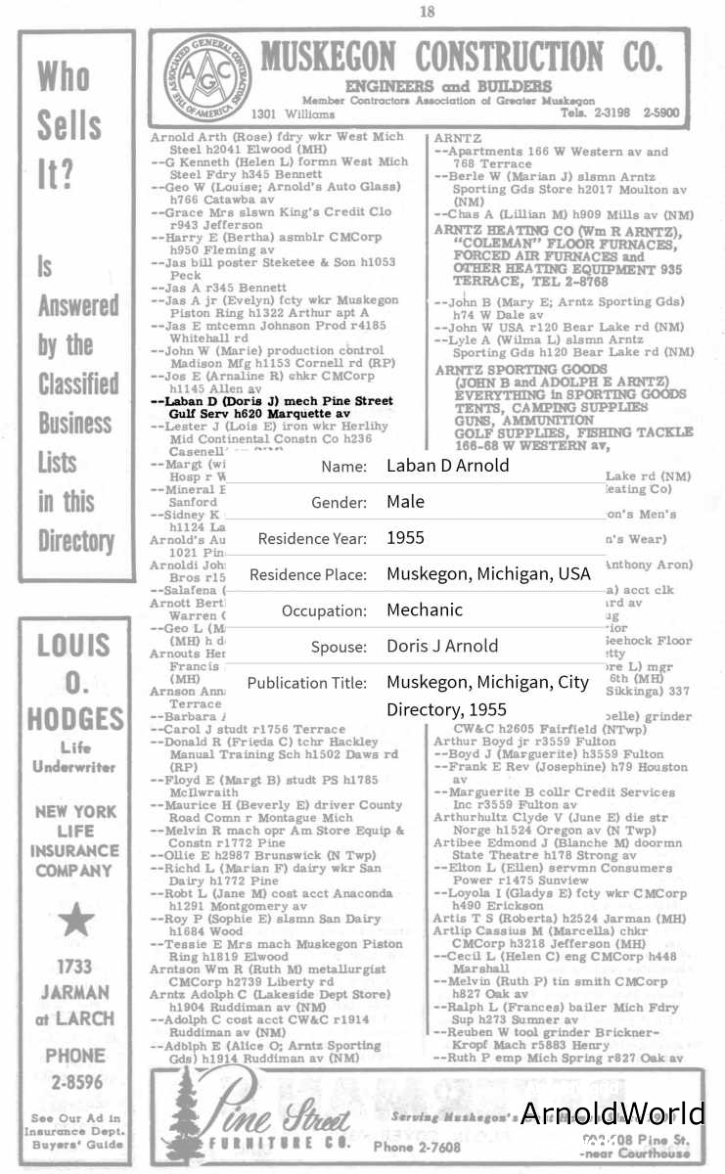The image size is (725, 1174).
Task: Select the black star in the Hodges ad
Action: [x=75, y=920]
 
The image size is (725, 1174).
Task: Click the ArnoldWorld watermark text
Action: [x=612, y=1113]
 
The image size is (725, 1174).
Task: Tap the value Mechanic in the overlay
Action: [x=425, y=610]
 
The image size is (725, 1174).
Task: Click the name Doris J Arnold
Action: [x=442, y=646]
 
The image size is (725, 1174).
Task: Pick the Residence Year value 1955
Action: [x=405, y=538]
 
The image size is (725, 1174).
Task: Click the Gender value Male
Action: [x=405, y=502]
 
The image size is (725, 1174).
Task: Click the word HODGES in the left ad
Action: [x=74, y=719]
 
